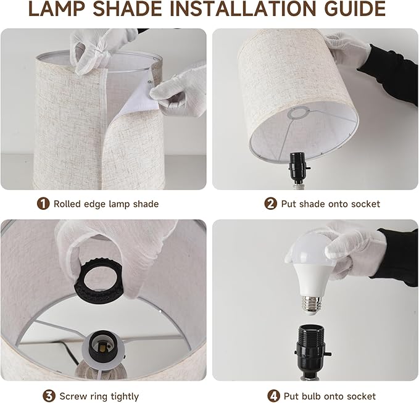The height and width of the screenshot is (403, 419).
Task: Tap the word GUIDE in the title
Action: point(348,10)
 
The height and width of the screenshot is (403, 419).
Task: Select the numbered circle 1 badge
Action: point(43,204)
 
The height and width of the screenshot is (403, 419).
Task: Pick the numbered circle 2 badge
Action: point(270,204)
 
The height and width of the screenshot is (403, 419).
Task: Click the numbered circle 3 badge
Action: point(48,396)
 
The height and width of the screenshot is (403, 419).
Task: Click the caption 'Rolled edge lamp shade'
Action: point(106,204)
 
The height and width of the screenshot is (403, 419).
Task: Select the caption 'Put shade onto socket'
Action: point(330,204)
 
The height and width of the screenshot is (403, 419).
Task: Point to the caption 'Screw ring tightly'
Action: point(99,396)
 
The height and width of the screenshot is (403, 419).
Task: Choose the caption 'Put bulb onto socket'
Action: point(330,396)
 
